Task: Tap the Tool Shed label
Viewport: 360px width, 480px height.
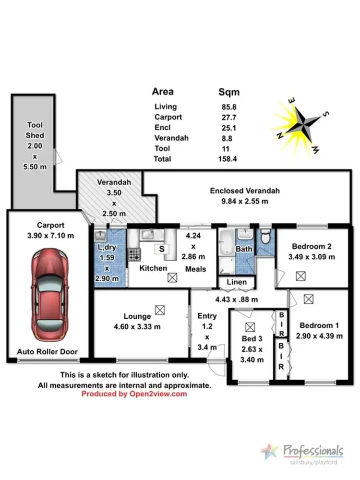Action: [x=35, y=130]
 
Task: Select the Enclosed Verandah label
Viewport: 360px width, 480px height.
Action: [x=245, y=191]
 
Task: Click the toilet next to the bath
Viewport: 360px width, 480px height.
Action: [x=265, y=237]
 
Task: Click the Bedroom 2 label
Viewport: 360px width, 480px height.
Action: [x=312, y=247]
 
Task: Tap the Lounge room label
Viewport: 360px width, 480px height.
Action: [x=137, y=316]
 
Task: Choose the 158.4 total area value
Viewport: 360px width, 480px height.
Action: [x=228, y=159]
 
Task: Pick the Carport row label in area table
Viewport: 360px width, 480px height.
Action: [x=168, y=117]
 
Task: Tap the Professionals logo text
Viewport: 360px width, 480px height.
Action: [x=313, y=451]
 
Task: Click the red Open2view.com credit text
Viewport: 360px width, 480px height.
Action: [x=134, y=394]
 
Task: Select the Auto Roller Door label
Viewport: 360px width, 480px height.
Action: [x=47, y=351]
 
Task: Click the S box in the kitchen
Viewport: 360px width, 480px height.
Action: [x=162, y=249]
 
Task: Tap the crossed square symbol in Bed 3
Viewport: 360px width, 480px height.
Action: [x=249, y=327]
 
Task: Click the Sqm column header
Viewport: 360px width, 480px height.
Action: [x=229, y=92]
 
